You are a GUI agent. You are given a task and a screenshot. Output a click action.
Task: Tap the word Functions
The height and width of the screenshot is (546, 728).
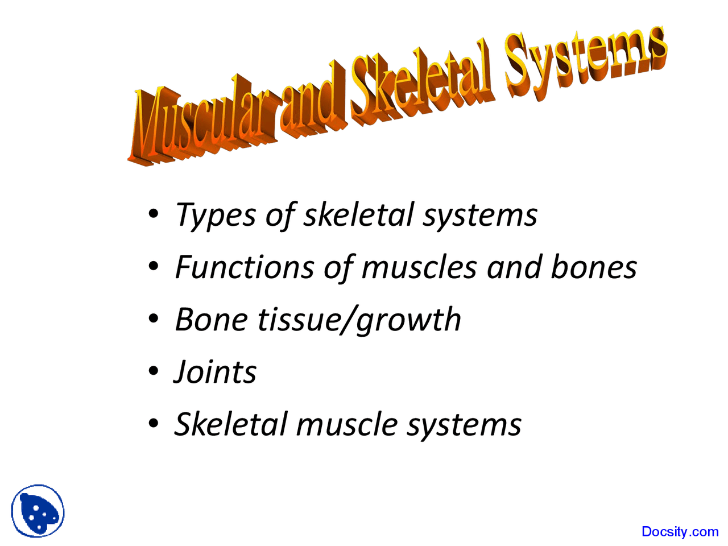[x=244, y=267]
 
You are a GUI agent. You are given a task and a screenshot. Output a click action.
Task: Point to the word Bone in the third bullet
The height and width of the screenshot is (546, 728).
[x=211, y=320]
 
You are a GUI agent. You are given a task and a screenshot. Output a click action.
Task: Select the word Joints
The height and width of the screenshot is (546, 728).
[x=215, y=373]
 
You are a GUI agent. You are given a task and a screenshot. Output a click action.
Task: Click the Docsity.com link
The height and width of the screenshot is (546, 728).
[x=680, y=532]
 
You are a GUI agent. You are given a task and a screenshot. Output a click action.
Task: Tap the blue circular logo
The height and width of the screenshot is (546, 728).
[x=38, y=511]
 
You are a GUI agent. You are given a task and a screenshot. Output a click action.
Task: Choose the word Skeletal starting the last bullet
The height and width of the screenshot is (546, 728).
[x=230, y=424]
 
